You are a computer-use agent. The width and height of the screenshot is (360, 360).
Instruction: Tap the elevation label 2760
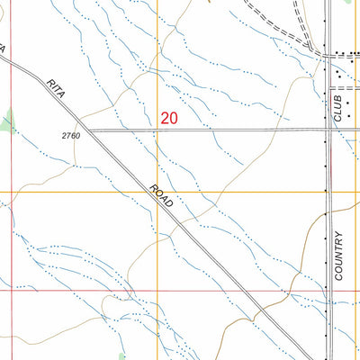[71, 136]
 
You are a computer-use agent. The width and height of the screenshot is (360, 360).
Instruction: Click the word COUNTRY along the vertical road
[339, 256]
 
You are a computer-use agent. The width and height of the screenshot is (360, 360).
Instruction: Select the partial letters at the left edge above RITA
[3, 47]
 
